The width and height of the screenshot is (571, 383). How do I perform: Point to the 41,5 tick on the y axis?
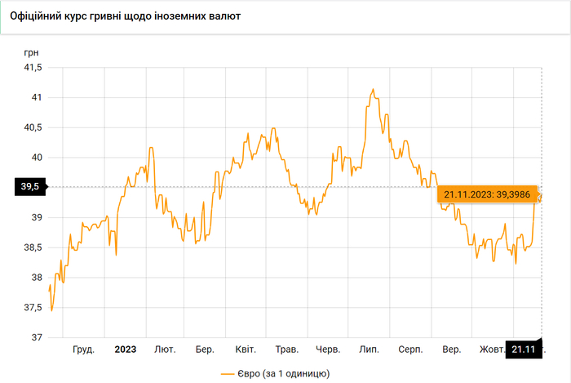tap(32, 68)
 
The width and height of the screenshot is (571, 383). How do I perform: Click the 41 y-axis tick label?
tap(36, 97)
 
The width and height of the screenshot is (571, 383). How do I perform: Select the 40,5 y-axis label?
tap(32, 127)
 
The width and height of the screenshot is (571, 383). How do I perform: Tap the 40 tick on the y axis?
tap(36, 158)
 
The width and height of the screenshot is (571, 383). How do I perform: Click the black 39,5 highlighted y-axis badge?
tap(30, 187)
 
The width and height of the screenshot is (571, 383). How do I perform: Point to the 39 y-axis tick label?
tap(36, 217)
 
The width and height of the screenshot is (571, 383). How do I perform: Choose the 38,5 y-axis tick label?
tap(32, 247)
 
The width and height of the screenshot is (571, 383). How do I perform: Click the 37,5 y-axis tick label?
tap(32, 307)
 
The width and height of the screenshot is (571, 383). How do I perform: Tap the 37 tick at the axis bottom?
tap(36, 337)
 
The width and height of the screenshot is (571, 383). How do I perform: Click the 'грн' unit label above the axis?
tap(31, 52)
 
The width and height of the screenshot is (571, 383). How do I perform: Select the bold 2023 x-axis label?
tap(125, 350)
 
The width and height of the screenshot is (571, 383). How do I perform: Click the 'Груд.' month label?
tap(83, 350)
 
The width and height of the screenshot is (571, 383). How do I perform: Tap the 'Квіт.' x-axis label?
tap(246, 350)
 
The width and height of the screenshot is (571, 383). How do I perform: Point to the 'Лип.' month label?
tap(369, 350)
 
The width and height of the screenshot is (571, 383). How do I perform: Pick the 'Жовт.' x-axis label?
tap(491, 350)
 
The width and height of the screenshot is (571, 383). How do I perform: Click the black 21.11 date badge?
tap(524, 350)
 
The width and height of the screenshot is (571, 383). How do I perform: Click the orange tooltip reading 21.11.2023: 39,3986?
tap(487, 194)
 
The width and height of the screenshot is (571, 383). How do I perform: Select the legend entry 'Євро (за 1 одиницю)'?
tap(274, 372)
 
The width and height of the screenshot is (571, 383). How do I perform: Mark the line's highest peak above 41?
tap(373, 89)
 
